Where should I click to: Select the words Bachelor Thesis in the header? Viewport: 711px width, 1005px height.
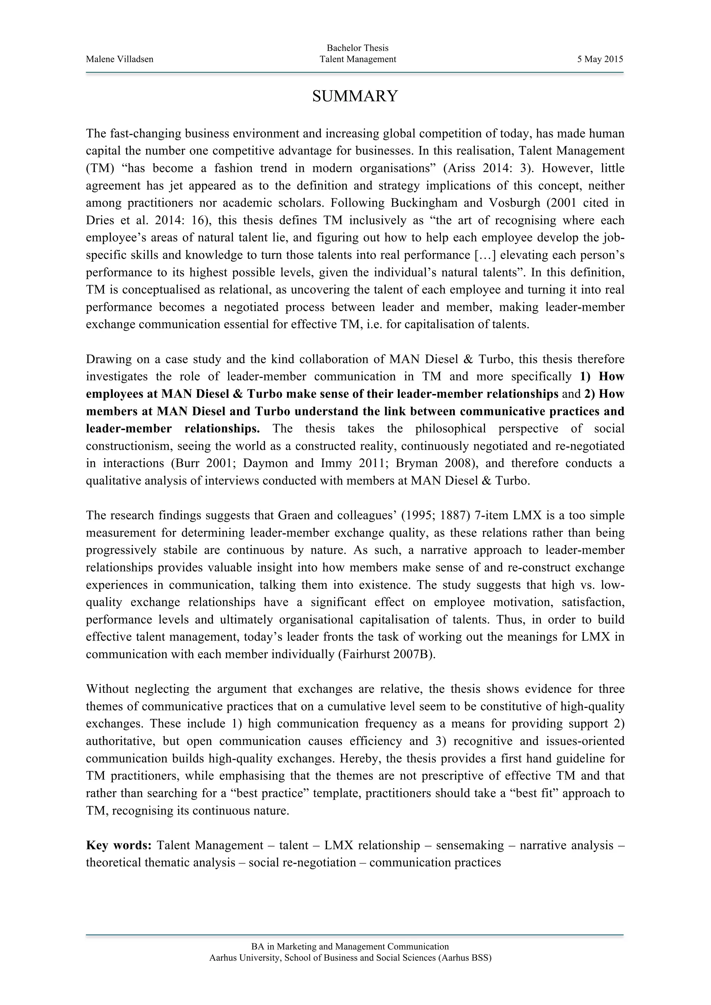click(358, 48)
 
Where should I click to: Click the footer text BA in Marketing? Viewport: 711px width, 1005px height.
click(350, 947)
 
